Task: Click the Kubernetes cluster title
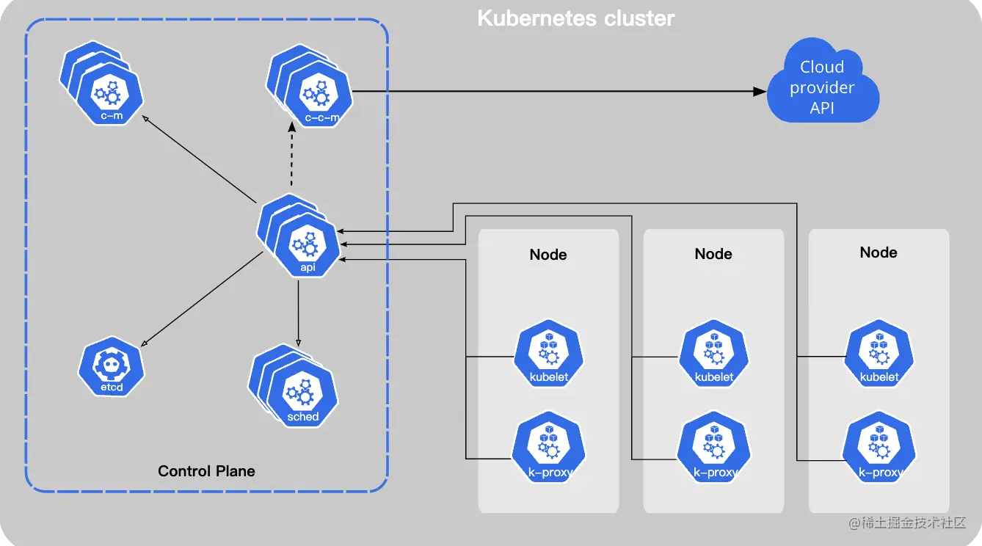[x=575, y=18]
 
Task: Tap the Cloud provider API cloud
[x=822, y=87]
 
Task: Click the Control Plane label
[x=206, y=471]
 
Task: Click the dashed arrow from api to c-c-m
[x=292, y=159]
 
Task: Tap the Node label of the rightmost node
[x=879, y=252]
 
